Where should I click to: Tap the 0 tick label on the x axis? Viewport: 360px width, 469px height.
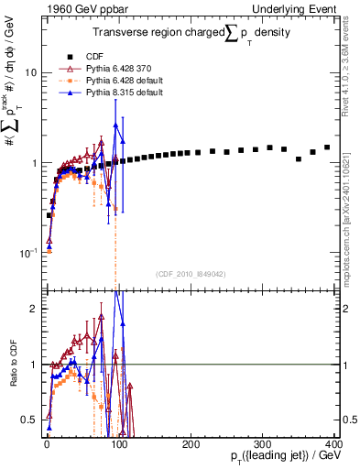47,444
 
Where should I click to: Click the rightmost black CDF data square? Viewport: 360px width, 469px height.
327,147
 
